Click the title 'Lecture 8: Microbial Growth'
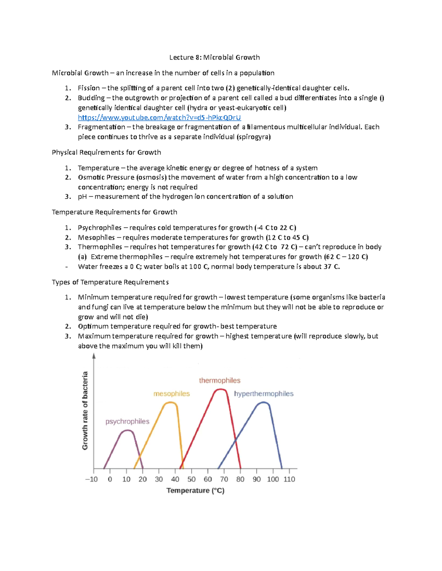214,57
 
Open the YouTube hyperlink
159,117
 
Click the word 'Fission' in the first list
88,88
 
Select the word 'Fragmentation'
101,127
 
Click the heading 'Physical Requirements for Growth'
106,152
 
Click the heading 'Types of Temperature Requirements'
110,282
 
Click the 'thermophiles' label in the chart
220,381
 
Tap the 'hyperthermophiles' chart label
264,394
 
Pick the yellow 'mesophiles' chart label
171,394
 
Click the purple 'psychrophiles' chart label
127,421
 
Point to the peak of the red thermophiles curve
220,389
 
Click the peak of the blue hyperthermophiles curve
263,403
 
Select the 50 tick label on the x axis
192,479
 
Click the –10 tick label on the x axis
91,479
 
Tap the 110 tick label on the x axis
289,479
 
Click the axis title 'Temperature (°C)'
195,490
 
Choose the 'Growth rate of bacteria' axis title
85,410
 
